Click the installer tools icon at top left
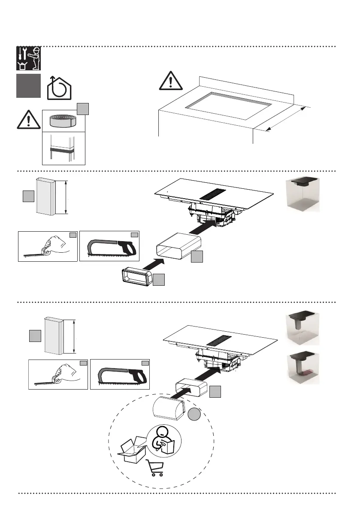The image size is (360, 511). (29, 58)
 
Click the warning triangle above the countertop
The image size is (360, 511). (171, 81)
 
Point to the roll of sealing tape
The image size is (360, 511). (64, 121)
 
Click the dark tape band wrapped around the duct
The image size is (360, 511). (64, 151)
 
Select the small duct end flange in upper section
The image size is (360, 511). (136, 275)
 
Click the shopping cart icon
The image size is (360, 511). (155, 467)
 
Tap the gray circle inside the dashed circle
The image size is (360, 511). (194, 415)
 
